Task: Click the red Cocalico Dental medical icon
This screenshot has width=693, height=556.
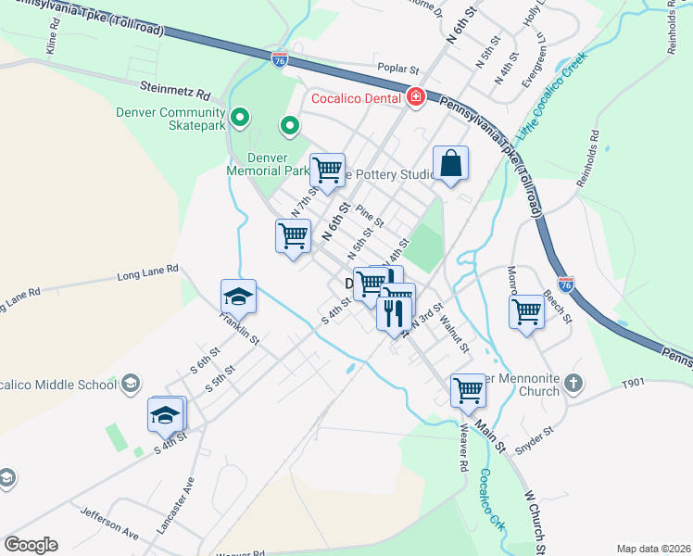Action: point(416,97)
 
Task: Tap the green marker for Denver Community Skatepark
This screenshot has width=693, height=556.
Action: point(240,118)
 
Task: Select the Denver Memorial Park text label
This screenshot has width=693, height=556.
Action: point(269,164)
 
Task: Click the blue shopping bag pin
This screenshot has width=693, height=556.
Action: point(450,163)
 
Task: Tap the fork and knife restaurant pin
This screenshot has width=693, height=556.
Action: point(394,313)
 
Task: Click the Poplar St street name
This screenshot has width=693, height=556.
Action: point(398,69)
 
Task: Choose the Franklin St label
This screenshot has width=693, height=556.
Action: point(239,328)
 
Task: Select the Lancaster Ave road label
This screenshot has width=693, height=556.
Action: point(162,505)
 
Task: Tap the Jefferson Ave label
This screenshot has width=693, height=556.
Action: point(108,524)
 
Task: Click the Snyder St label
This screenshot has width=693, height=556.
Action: point(535,436)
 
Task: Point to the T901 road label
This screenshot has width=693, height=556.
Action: point(633,383)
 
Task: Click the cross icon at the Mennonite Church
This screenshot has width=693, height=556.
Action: point(573,383)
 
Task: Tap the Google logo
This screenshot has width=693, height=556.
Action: point(31,544)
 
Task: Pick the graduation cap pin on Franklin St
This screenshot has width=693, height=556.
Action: point(238,296)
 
